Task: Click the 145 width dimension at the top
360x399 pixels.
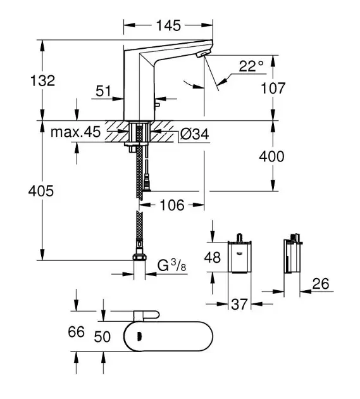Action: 168,25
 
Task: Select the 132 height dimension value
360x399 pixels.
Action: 42,80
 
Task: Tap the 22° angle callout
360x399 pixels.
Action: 251,66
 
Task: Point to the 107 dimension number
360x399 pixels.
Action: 273,88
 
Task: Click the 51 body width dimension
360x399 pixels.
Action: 104,91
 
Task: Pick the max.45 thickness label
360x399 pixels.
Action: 75,132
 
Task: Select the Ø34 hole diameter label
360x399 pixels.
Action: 195,134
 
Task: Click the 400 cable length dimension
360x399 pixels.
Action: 271,156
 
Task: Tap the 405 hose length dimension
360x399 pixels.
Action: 41,191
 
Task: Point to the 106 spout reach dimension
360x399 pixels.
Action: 172,205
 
